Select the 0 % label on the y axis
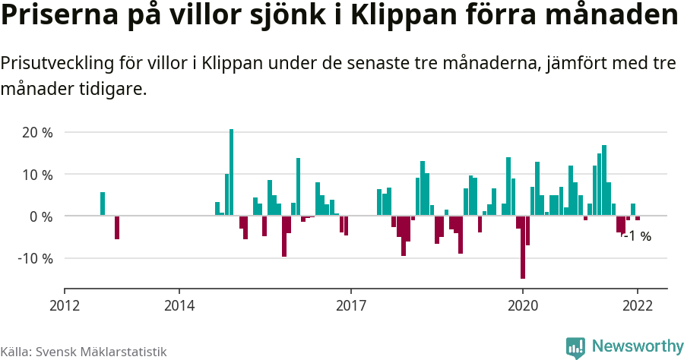point(41,216)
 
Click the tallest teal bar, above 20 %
point(232,172)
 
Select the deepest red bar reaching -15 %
point(523,247)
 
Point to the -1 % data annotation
point(637,236)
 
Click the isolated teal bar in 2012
point(103,204)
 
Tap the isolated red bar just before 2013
point(117,228)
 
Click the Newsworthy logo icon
point(575,347)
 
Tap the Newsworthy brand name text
point(637,347)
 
